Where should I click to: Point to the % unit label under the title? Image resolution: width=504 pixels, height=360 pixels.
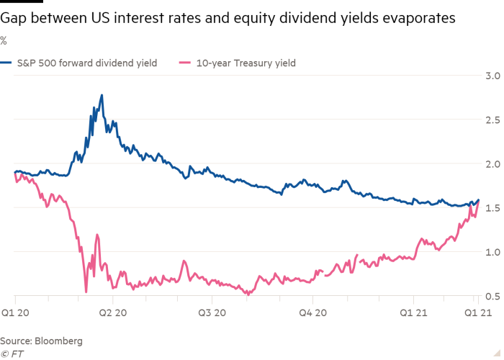[4, 40]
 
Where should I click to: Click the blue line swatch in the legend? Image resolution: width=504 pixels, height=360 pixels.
[6, 63]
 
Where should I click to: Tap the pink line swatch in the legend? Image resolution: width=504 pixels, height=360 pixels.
[184, 63]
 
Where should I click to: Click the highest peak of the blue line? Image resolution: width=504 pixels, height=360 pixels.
[102, 95]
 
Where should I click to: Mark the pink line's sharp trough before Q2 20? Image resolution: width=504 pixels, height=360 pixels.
[86, 292]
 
